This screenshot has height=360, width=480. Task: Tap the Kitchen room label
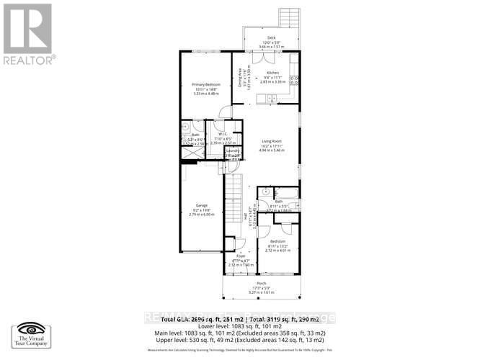(272, 73)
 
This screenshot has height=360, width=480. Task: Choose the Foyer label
(240, 256)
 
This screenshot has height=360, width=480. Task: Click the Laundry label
(231, 150)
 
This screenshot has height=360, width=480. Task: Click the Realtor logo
(29, 33)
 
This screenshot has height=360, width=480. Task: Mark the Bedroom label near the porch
(278, 241)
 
